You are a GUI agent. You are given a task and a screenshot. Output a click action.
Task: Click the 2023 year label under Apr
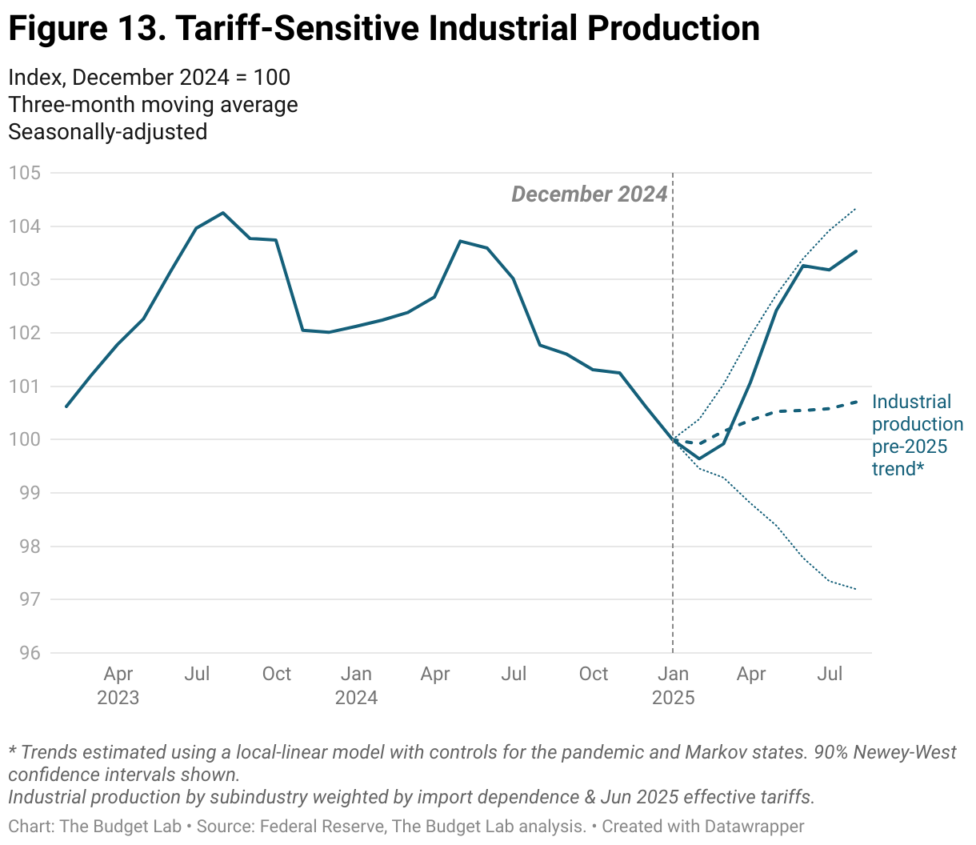click(x=118, y=698)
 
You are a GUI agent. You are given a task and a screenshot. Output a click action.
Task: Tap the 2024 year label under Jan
click(x=356, y=698)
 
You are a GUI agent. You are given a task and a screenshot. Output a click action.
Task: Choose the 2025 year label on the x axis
click(x=674, y=698)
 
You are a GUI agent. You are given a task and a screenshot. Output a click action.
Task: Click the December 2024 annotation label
click(x=589, y=194)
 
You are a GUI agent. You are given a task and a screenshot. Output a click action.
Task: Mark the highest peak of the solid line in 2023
click(x=222, y=213)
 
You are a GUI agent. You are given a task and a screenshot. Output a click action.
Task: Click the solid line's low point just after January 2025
click(x=698, y=459)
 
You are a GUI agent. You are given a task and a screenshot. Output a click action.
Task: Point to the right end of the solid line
click(x=856, y=251)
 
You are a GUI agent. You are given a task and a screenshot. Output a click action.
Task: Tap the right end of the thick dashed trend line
click(x=856, y=402)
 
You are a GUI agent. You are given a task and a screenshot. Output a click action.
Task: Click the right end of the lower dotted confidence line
click(x=856, y=589)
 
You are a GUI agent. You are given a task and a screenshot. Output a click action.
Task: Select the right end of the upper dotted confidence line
click(x=856, y=210)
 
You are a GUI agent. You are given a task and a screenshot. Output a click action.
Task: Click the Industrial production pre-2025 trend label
click(x=917, y=435)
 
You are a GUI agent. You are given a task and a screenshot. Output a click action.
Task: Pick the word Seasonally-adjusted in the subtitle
click(x=107, y=132)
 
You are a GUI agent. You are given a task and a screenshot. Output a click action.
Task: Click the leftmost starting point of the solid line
click(x=66, y=406)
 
